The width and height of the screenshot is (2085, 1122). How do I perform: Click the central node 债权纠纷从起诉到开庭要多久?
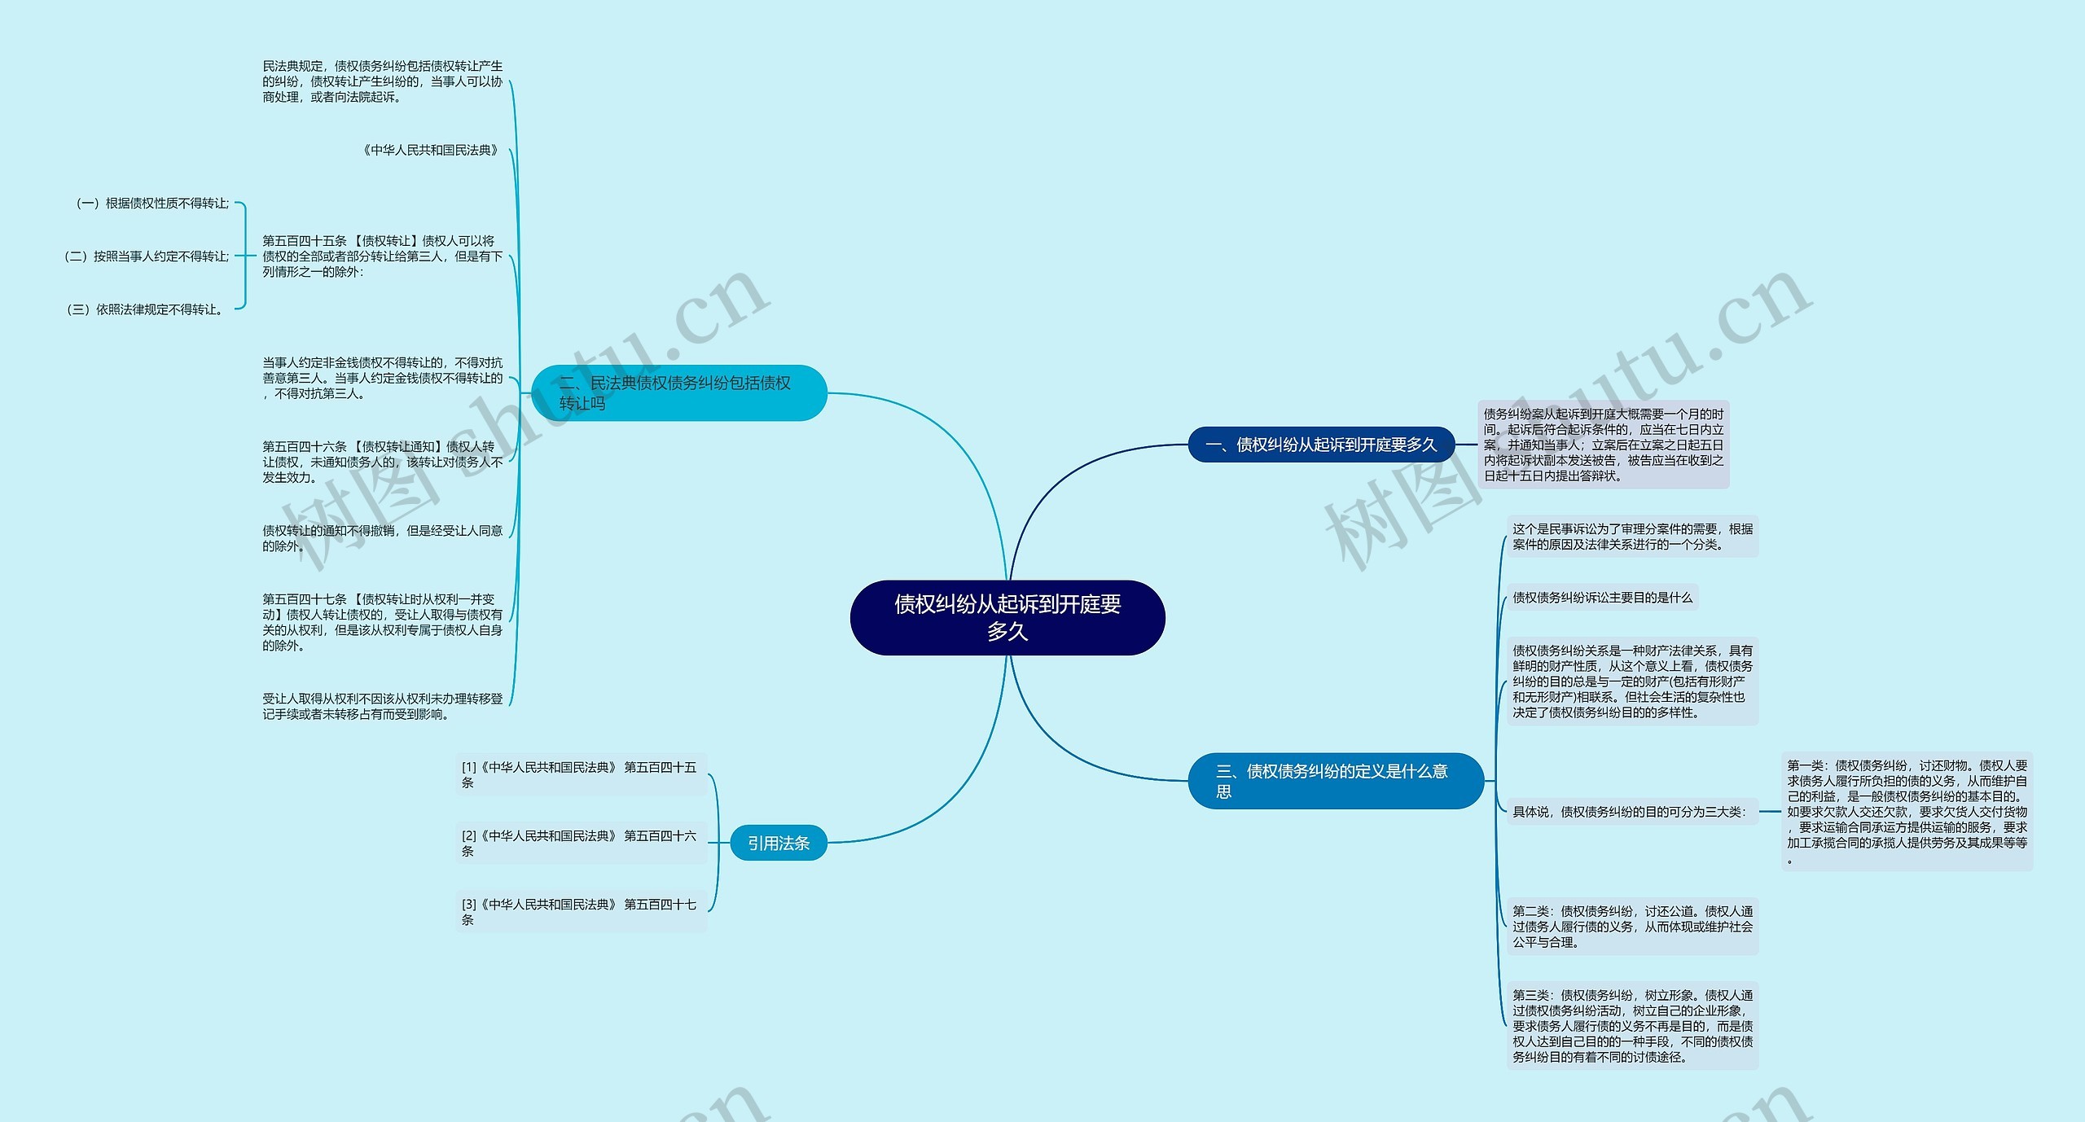[1007, 617]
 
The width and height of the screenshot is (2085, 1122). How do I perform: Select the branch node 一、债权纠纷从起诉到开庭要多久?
[1321, 445]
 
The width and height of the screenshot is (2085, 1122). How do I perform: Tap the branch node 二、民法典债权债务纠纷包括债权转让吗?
[678, 392]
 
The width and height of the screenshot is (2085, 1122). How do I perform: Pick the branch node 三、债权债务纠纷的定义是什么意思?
[1335, 781]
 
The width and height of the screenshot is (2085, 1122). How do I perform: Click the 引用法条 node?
[779, 843]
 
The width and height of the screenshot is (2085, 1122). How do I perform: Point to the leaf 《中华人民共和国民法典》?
[430, 150]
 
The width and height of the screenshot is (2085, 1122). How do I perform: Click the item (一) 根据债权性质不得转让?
[152, 203]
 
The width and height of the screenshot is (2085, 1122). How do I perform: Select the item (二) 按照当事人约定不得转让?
[147, 256]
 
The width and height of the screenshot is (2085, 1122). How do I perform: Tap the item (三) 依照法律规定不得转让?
[145, 309]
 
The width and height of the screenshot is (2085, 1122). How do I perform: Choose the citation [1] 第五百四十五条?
[580, 774]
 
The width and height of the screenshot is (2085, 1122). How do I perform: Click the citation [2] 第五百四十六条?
[580, 843]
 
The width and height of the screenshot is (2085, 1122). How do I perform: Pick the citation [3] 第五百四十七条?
[580, 911]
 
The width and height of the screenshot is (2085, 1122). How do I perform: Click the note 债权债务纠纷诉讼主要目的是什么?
[1602, 597]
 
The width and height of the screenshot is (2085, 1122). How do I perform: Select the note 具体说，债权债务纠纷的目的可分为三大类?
[1629, 812]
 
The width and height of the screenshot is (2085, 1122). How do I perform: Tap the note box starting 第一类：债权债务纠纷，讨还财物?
[1907, 812]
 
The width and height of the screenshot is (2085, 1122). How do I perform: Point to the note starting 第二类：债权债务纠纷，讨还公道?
[1632, 927]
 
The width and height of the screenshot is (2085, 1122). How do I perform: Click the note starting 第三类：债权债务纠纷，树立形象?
[1632, 1026]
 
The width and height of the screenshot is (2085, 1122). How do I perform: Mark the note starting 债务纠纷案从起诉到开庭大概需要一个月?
[1603, 445]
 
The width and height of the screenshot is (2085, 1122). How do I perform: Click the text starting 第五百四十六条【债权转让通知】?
[382, 462]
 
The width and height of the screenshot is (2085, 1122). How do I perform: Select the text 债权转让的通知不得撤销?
[382, 538]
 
